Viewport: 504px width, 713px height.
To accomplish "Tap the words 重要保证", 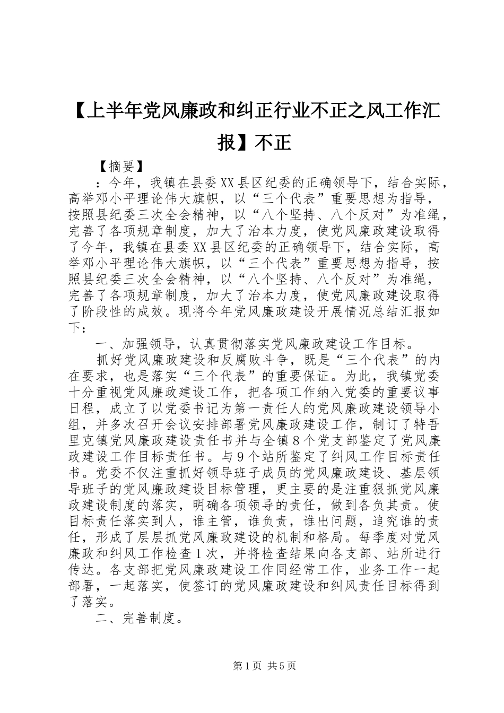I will (x=314, y=377).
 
